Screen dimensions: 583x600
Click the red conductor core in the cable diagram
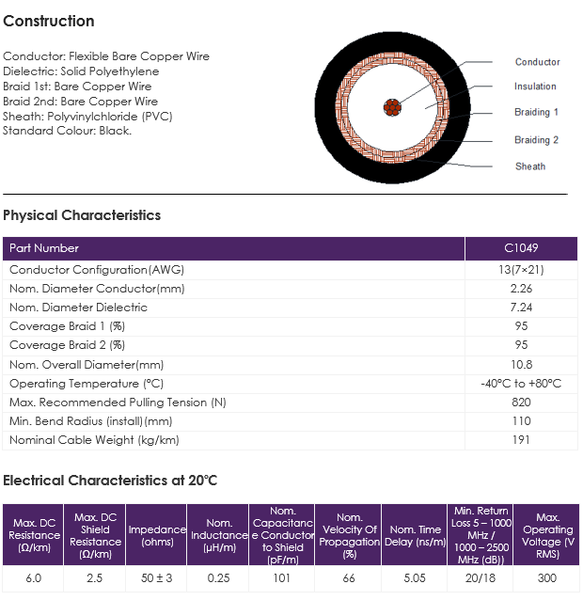click(392, 107)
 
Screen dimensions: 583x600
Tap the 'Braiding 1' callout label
click(536, 112)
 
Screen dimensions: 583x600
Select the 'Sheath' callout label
click(530, 166)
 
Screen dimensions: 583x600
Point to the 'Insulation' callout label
click(535, 87)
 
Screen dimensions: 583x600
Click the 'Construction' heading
click(49, 21)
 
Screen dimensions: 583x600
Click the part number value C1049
click(521, 248)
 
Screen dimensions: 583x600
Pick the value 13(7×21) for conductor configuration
click(521, 270)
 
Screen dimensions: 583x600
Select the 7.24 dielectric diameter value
click(521, 308)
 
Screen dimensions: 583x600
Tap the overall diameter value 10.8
click(522, 364)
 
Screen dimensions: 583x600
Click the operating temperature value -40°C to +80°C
click(521, 384)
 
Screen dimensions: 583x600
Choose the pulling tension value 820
click(521, 403)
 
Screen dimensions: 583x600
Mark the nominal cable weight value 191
click(521, 440)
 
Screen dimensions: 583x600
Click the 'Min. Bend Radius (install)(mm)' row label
click(91, 421)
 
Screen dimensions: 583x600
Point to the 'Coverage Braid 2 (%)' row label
click(68, 345)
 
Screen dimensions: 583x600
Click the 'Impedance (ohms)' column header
click(157, 535)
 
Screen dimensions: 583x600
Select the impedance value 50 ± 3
click(156, 577)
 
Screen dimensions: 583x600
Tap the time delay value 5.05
click(415, 577)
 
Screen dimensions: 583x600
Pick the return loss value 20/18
click(481, 577)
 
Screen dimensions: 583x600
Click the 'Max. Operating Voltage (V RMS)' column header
click(548, 535)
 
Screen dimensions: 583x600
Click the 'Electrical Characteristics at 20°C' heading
click(110, 481)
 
